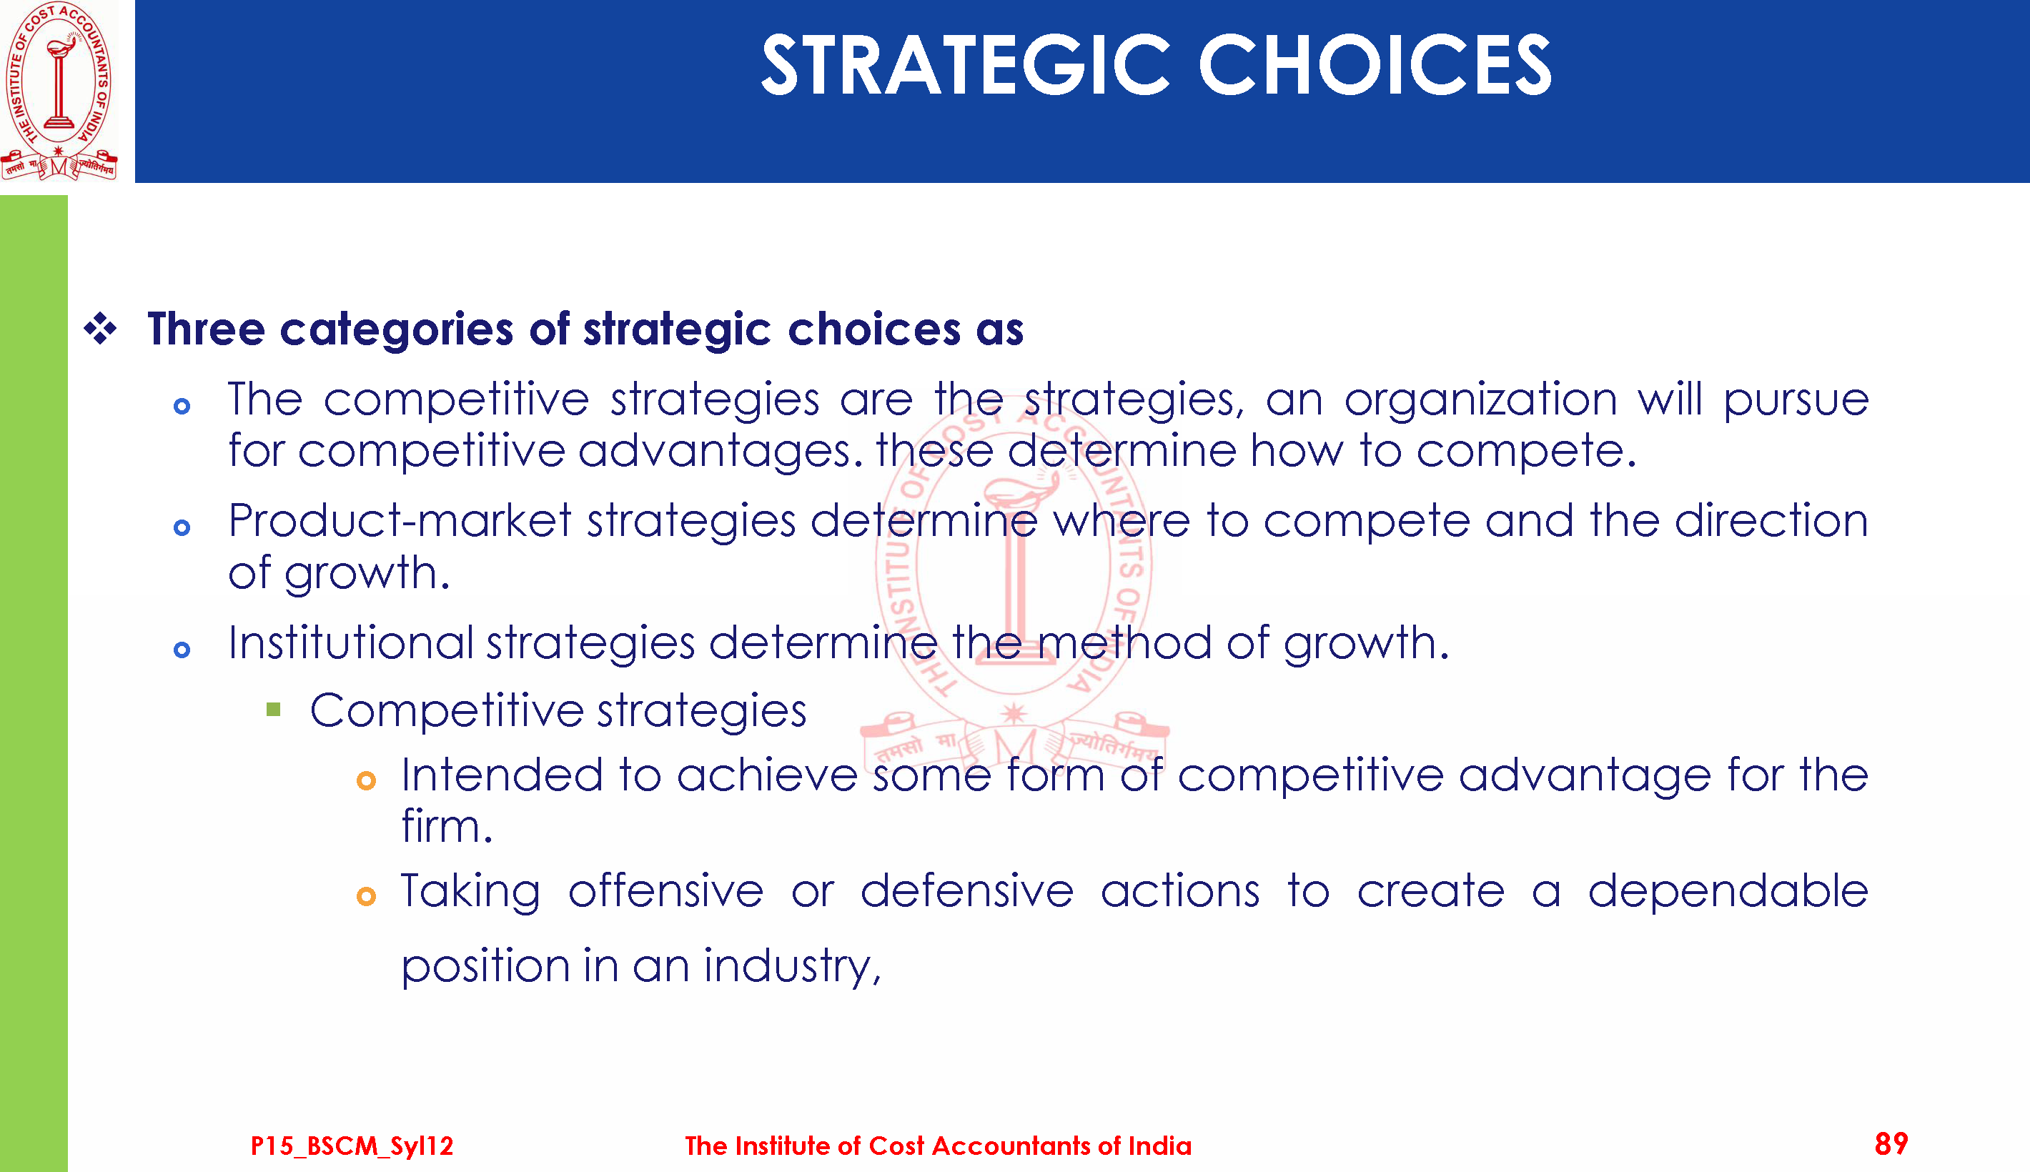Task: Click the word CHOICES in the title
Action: pos(1375,65)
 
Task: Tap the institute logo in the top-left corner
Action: pos(59,90)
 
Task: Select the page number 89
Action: pos(1891,1144)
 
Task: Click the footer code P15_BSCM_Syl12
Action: pos(352,1146)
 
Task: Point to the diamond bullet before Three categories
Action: pos(101,329)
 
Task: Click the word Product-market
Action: pos(400,521)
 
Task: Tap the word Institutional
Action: pos(351,643)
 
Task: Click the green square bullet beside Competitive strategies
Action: pos(274,710)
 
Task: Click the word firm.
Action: pos(447,827)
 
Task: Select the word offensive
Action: pos(665,891)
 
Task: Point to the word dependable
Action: pos(1728,891)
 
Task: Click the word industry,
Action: pos(793,966)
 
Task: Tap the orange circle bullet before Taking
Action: pos(366,897)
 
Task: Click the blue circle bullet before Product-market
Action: pos(182,528)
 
